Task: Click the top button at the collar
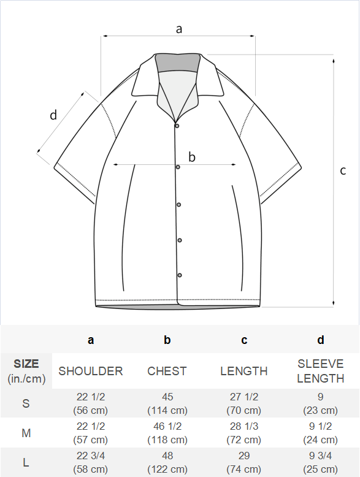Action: pyautogui.click(x=177, y=126)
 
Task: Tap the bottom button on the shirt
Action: pyautogui.click(x=180, y=275)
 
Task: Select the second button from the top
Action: pyautogui.click(x=178, y=167)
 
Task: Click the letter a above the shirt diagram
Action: pyautogui.click(x=179, y=29)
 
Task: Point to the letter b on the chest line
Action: pyautogui.click(x=192, y=157)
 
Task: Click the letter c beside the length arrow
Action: pyautogui.click(x=343, y=170)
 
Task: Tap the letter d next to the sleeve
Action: pyautogui.click(x=53, y=115)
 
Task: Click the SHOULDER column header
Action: pyautogui.click(x=91, y=371)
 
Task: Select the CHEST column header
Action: pyautogui.click(x=167, y=371)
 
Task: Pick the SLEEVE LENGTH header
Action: pyautogui.click(x=320, y=371)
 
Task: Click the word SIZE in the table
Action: pyautogui.click(x=26, y=364)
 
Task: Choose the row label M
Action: pyautogui.click(x=26, y=433)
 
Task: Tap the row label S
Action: pyautogui.click(x=26, y=403)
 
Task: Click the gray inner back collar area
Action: pyautogui.click(x=177, y=63)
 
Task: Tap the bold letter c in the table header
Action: pyautogui.click(x=244, y=340)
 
